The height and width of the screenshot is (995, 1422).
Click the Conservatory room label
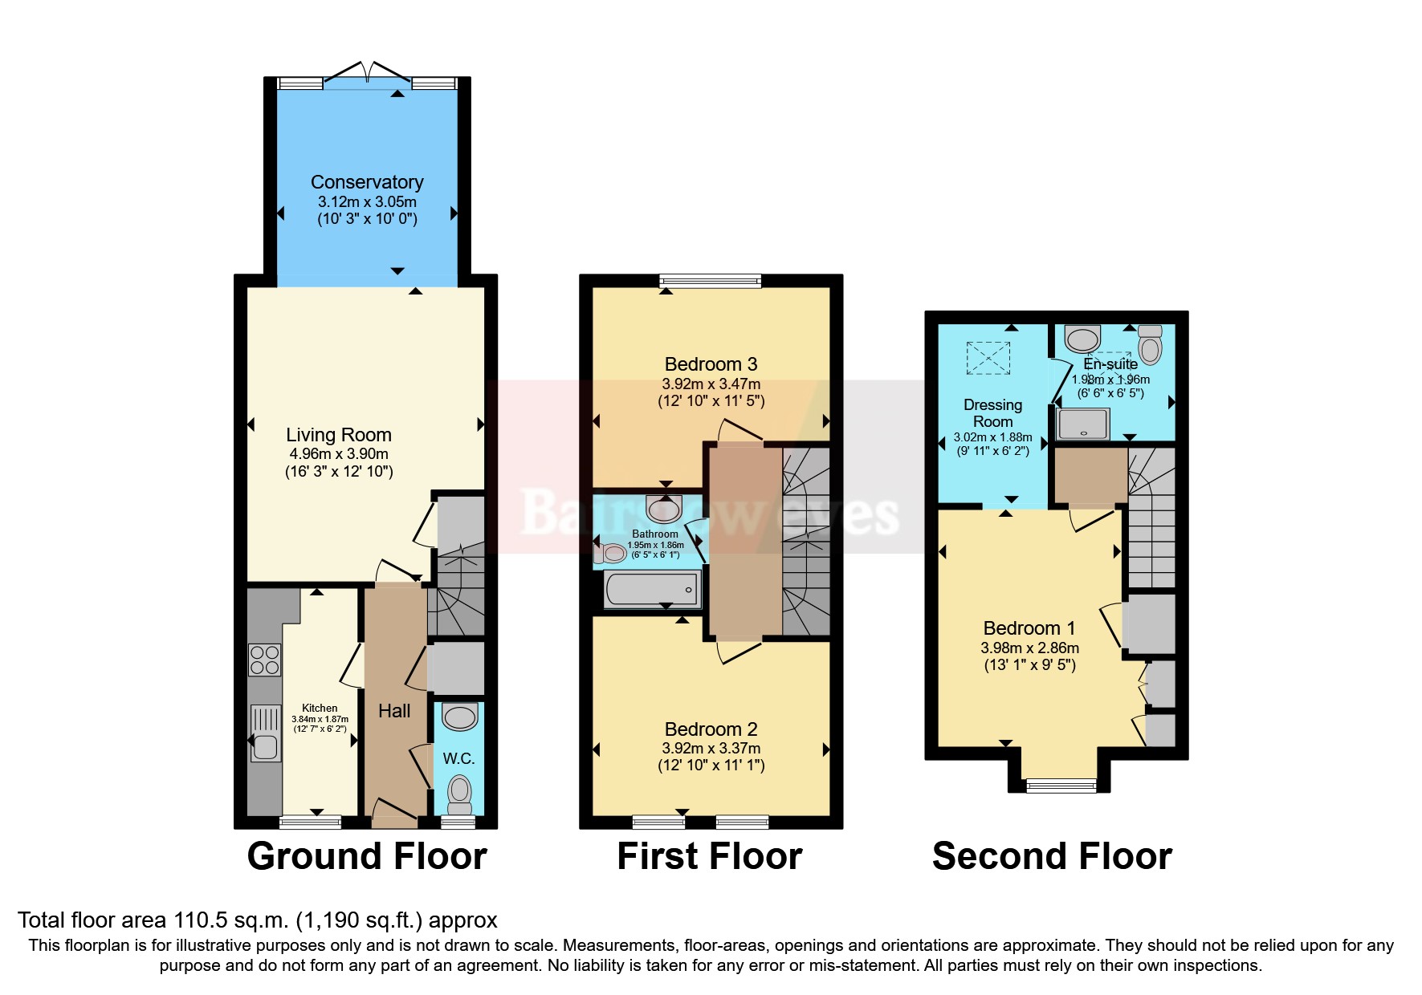pos(367,182)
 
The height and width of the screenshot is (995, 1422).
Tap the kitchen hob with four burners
pos(264,660)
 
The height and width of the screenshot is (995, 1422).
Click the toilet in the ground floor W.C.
pos(459,790)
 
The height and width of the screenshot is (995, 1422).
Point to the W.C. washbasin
pos(460,716)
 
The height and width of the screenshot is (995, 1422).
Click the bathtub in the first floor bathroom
pos(651,590)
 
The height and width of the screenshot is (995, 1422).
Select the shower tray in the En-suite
pos(1082,424)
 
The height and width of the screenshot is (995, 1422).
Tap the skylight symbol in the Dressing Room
pos(988,358)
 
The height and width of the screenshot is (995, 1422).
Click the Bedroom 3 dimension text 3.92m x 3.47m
pos(711,384)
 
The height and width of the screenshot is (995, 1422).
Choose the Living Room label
pos(339,435)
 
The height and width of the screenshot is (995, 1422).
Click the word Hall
pos(394,711)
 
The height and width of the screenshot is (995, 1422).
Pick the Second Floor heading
pos(1052,856)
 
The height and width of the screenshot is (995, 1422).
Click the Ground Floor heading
pos(367,856)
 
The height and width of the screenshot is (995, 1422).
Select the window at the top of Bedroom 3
pos(710,281)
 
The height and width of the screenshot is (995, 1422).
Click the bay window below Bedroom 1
pos(1061,786)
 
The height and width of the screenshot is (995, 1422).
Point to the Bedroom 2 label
pos(711,729)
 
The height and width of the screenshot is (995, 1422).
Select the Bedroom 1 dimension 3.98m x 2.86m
pos(1029,648)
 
